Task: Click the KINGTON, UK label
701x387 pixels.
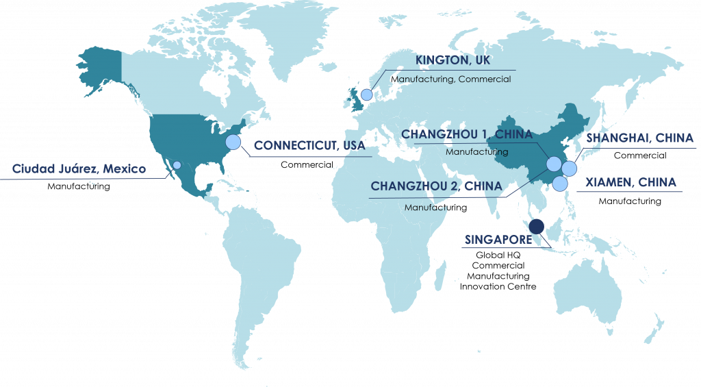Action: pos(453,60)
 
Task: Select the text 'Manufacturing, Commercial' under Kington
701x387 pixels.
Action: pos(451,79)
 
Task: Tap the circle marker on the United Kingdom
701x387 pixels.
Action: pos(367,95)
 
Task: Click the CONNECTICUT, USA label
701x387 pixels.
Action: pos(309,145)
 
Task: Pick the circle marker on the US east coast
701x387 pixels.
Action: pos(233,142)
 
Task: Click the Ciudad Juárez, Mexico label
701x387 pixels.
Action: pos(79,168)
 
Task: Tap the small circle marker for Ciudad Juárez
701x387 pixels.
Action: pos(177,165)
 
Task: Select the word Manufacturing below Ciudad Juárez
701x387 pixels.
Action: pos(78,186)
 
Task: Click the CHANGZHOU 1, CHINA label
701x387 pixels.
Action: pos(466,134)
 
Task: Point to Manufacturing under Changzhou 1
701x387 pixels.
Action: pos(476,151)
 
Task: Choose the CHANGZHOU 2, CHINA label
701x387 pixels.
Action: pos(436,186)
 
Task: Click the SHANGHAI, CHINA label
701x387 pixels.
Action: pos(639,138)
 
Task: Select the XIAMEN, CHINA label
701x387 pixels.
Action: pos(630,182)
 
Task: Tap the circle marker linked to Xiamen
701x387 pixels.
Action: pos(560,184)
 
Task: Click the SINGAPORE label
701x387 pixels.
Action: pos(498,240)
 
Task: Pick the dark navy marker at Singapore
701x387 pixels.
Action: pos(537,226)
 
